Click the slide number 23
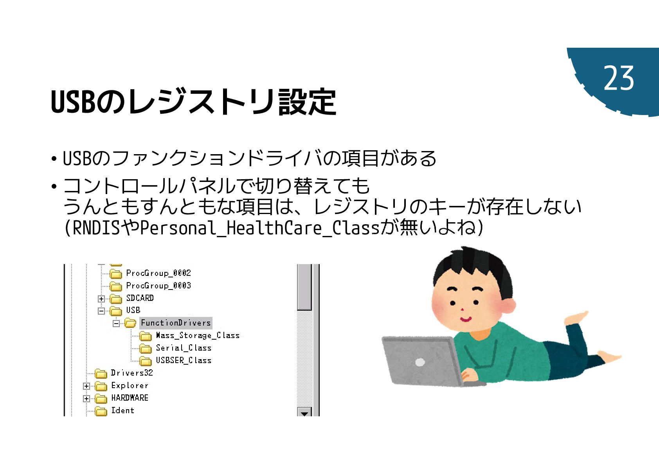(618, 78)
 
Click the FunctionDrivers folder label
(176, 323)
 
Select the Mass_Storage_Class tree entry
(197, 335)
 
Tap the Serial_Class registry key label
(183, 348)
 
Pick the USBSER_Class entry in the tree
(183, 360)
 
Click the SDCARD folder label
(140, 298)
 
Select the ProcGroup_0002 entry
(158, 273)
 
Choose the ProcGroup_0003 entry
(158, 286)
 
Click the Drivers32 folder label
(131, 373)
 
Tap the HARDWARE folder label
(130, 398)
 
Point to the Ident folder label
(122, 410)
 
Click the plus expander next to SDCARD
(101, 299)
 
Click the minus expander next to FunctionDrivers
(116, 324)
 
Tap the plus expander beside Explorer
(86, 386)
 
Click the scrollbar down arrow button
(304, 412)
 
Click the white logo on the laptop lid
(420, 362)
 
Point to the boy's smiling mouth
(466, 319)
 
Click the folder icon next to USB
(116, 311)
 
